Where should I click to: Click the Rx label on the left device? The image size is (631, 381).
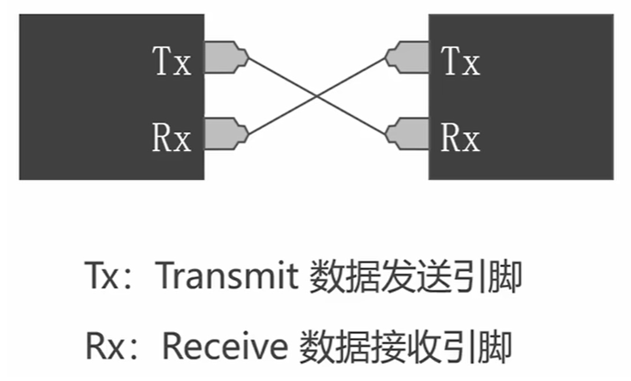(171, 136)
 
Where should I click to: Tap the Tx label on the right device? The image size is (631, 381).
(460, 62)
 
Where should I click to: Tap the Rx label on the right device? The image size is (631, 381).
(460, 136)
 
